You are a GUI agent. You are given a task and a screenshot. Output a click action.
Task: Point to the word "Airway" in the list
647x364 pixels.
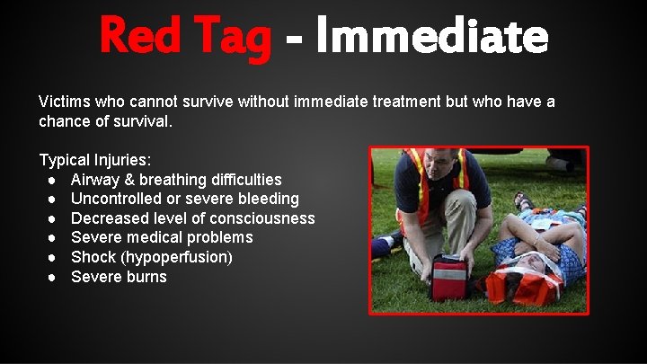click(96, 180)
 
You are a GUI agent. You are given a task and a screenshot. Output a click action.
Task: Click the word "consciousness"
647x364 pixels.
click(262, 218)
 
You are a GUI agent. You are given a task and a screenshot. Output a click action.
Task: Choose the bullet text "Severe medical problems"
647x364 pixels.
click(162, 237)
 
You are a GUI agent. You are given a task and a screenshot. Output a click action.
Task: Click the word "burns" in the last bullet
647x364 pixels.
click(146, 277)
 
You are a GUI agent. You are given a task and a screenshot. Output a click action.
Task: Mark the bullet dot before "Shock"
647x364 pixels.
click(54, 257)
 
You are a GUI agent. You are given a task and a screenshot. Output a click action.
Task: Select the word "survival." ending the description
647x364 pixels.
click(140, 120)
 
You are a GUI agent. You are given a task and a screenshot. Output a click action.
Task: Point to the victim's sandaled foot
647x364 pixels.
click(523, 200)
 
